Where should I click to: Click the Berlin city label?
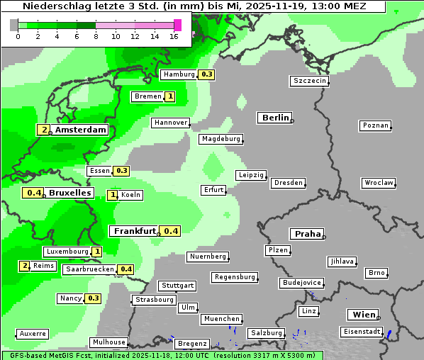click(275, 118)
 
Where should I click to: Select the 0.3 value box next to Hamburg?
click(206, 74)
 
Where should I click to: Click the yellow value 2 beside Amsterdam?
click(44, 130)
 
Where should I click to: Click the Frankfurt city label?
click(134, 231)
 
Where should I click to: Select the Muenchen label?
click(221, 319)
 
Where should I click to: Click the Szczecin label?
click(310, 81)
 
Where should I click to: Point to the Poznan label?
click(375, 125)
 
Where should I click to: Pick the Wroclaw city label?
click(379, 183)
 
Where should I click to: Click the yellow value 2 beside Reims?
click(25, 266)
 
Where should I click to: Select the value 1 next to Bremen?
click(170, 96)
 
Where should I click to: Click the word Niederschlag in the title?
click(50, 6)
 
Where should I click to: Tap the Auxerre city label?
click(33, 333)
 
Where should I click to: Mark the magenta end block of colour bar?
click(177, 25)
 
